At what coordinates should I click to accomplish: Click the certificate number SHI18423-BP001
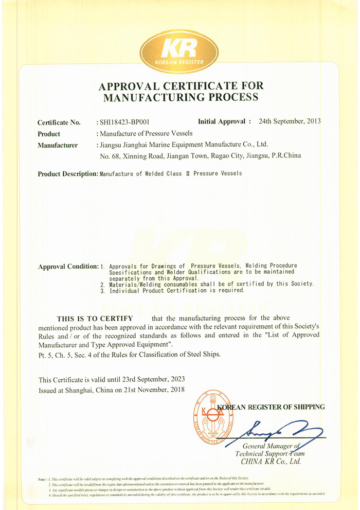(x=123, y=122)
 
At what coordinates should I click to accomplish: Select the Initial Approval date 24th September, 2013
(x=290, y=121)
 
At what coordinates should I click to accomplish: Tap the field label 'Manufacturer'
(x=58, y=145)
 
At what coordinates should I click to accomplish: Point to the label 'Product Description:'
(x=68, y=174)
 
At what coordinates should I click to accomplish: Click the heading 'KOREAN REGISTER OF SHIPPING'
(x=273, y=407)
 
